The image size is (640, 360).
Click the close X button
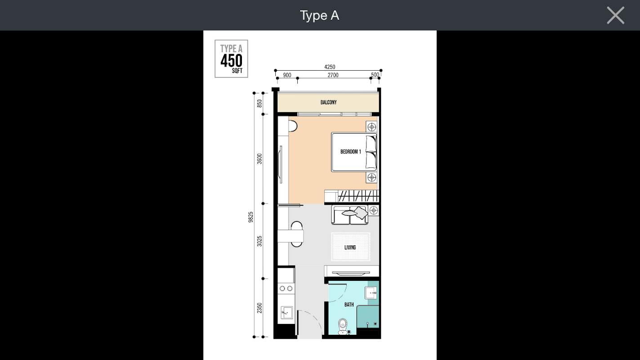click(x=615, y=15)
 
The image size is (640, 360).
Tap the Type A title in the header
click(x=319, y=15)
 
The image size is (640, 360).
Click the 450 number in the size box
click(x=232, y=61)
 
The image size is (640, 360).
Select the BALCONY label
click(x=329, y=102)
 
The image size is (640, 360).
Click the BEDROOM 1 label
click(x=350, y=152)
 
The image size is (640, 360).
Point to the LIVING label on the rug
click(x=350, y=247)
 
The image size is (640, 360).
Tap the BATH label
click(x=349, y=305)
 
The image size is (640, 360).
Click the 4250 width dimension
click(x=330, y=67)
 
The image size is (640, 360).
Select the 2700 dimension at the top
click(x=333, y=75)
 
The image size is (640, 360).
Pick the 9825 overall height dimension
click(x=251, y=217)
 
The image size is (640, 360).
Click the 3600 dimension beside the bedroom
click(x=259, y=159)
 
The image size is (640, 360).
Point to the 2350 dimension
click(x=259, y=308)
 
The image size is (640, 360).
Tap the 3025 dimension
click(x=259, y=241)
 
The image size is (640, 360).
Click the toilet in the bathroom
click(x=343, y=326)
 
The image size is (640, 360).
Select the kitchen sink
click(x=286, y=312)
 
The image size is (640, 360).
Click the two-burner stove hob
click(x=286, y=288)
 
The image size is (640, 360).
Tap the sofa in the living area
click(x=350, y=215)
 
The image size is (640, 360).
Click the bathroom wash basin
click(x=371, y=293)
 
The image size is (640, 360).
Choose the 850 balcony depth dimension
click(x=259, y=103)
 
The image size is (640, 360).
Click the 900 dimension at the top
click(x=287, y=75)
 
